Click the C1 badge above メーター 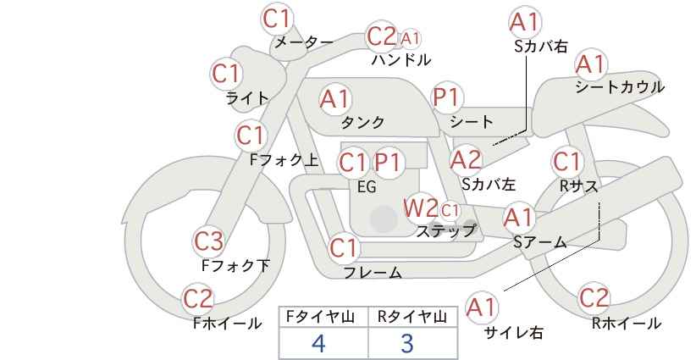276,19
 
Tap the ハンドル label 401,59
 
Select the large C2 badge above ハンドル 382,36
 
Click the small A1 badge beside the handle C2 410,39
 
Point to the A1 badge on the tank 335,99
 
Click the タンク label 362,122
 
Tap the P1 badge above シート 447,97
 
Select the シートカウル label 620,87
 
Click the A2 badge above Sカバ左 466,160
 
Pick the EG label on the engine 367,187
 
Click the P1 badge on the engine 388,163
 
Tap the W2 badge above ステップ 420,208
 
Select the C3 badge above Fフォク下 208,241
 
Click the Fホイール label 227,324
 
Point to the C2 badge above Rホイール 594,298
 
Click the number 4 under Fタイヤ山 318,343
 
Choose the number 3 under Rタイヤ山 407,343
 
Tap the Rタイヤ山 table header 412,317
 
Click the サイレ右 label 514,333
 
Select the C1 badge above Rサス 566,162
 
